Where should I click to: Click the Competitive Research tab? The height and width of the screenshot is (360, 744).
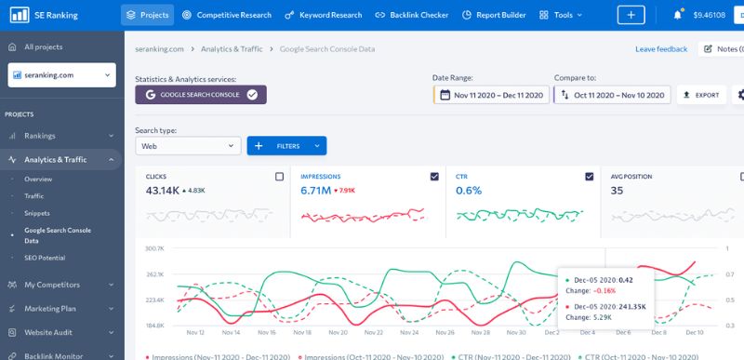point(229,15)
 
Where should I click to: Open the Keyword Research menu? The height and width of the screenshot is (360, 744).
point(322,15)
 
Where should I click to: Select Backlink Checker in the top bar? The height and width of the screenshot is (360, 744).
point(411,15)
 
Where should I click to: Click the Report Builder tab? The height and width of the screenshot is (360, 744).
point(496,15)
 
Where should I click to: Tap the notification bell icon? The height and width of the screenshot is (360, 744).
point(677,15)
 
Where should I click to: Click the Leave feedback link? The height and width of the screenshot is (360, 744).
point(661,48)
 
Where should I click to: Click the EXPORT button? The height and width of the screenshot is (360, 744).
point(700,95)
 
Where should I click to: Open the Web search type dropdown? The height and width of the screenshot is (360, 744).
point(188,146)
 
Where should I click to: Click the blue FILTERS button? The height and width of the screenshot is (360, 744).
point(286,146)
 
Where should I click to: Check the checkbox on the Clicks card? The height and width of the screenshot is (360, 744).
point(279,176)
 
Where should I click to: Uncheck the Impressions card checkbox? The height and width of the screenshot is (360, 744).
point(434,176)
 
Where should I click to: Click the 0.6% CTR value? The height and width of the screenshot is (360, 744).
point(469,191)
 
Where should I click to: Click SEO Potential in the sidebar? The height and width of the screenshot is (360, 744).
point(45,258)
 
